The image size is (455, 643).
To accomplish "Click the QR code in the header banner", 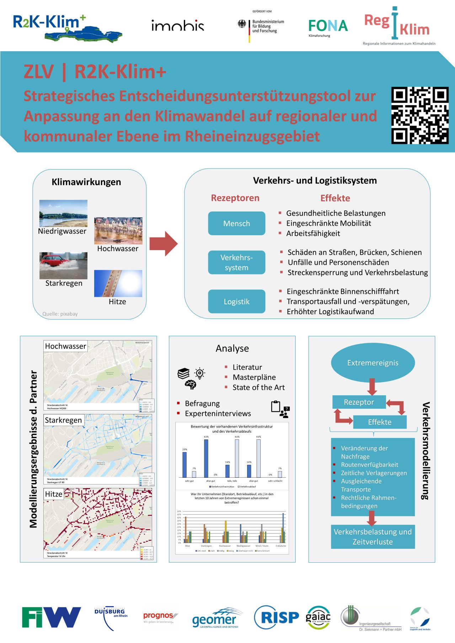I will (x=420, y=116).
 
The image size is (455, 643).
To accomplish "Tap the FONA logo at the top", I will (x=328, y=27).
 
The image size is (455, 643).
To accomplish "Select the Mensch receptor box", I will (x=237, y=224).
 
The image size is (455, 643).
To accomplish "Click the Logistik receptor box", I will (x=237, y=301).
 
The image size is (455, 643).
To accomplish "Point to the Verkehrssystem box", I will (x=237, y=262).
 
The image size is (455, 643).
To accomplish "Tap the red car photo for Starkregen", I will (x=63, y=266).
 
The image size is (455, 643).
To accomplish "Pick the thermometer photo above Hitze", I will (x=118, y=283).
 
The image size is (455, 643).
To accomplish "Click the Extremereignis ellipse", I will (x=373, y=363).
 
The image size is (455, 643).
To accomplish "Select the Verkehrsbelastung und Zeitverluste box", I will (x=373, y=537).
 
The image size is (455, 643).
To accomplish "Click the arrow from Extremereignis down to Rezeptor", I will (x=372, y=387).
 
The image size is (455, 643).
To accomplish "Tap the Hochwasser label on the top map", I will (x=65, y=346).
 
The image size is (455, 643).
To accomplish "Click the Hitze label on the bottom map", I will (x=54, y=494).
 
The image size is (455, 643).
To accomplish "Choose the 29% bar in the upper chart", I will (x=184, y=464).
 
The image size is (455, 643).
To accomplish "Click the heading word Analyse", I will (x=232, y=348).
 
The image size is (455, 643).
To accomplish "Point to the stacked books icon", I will (x=183, y=374).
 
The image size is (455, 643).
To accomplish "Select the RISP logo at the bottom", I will (x=277, y=618).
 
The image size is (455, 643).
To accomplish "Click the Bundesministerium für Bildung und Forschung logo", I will (x=261, y=26).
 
